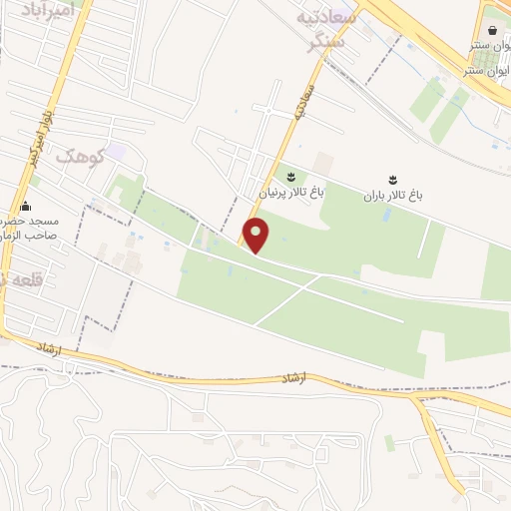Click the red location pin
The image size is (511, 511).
[x=257, y=236]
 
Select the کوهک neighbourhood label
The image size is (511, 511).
[x=80, y=156]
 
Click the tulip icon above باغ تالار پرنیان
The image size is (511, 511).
[x=290, y=177]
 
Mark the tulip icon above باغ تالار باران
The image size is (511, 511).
[x=392, y=180]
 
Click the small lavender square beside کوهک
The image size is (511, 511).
[x=117, y=152]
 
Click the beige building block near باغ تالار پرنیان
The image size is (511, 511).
[x=321, y=162]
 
